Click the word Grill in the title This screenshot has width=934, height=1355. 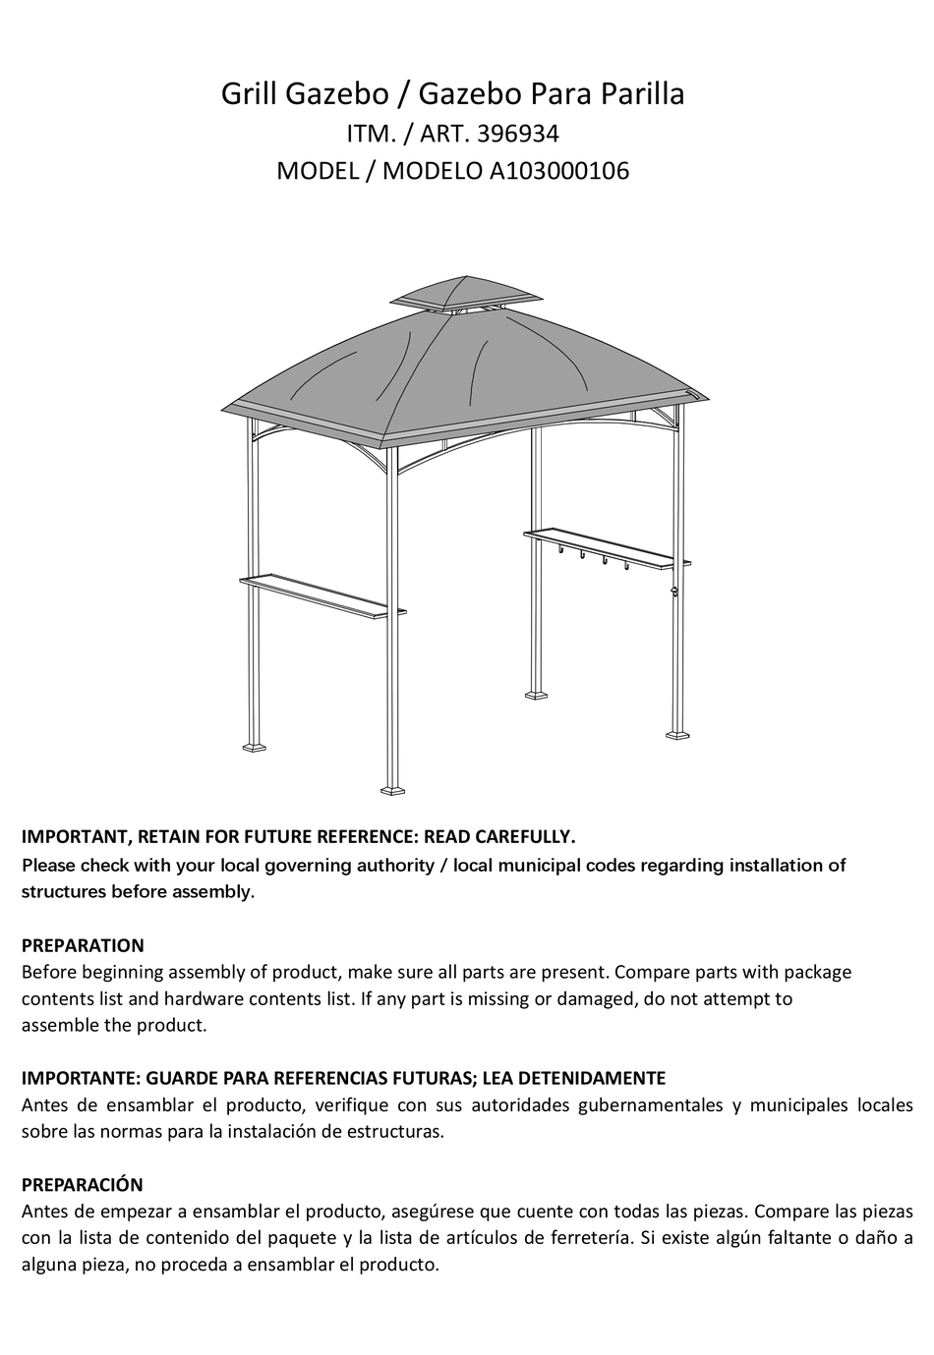tap(249, 95)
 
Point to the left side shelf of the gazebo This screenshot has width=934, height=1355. tap(322, 596)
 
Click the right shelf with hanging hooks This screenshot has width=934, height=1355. tap(606, 549)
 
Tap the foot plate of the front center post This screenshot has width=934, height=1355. tap(392, 788)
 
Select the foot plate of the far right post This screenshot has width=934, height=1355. tap(678, 733)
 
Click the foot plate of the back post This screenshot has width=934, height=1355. tap(537, 696)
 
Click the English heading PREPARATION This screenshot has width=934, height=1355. tap(83, 945)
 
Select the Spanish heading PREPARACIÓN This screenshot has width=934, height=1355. tap(83, 1184)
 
